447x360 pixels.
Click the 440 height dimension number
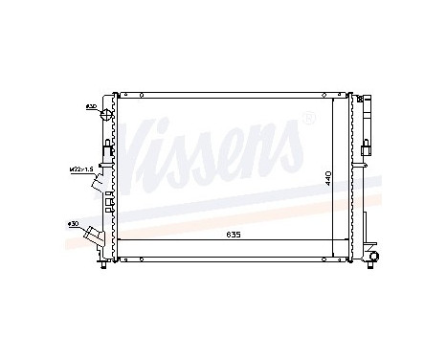(x=327, y=178)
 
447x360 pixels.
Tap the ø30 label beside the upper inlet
(x=90, y=105)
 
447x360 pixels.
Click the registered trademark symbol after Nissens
(x=307, y=118)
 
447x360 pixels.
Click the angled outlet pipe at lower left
(x=93, y=235)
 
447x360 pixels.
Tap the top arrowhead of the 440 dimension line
(x=332, y=99)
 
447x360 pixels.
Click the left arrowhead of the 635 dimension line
(x=119, y=236)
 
